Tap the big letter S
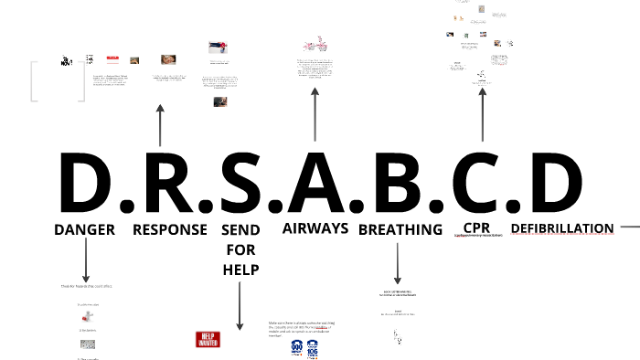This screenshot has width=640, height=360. coord(240,183)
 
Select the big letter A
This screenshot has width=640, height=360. coord(316,183)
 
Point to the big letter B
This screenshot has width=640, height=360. coord(395,183)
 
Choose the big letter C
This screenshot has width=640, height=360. coord(474,183)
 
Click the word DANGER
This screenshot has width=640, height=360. coord(84,229)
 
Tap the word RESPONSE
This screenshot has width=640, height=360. coord(170,229)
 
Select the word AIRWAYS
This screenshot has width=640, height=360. coord(315,228)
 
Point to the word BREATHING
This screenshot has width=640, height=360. coord(400,229)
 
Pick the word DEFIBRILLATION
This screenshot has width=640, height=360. coord(561,228)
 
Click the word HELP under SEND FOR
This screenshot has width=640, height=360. coord(240,270)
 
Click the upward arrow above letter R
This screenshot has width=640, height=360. coord(160,124)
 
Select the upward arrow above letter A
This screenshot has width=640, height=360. coord(315,115)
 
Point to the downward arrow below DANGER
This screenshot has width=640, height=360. coord(86,260)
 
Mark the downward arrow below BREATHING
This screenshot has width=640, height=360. coord(398,263)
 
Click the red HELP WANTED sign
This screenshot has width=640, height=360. coord(209,339)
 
